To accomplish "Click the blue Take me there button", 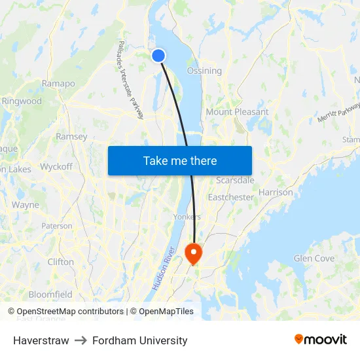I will [x=180, y=160].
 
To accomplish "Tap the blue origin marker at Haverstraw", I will [x=158, y=56].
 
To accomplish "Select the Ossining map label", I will [x=204, y=71].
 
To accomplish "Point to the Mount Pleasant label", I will [x=237, y=112].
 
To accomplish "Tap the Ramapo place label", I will [x=58, y=83].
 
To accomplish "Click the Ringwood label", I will [x=22, y=101].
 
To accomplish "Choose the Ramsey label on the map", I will [x=71, y=136].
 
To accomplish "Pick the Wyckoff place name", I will [x=56, y=166].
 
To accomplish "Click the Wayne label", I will [x=26, y=205].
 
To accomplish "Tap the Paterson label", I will [x=57, y=226].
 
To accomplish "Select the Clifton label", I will [x=61, y=262].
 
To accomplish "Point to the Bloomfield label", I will [x=50, y=295].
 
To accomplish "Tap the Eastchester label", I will [x=230, y=197].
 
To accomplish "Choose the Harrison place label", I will [x=276, y=192].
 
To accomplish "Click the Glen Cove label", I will [x=314, y=259].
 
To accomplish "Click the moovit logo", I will [x=320, y=340].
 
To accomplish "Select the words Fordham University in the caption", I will [x=140, y=340].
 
